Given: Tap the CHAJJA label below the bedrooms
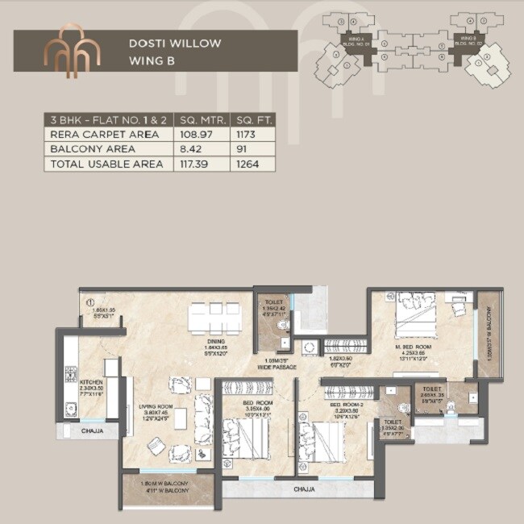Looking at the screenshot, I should point(304,489).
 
